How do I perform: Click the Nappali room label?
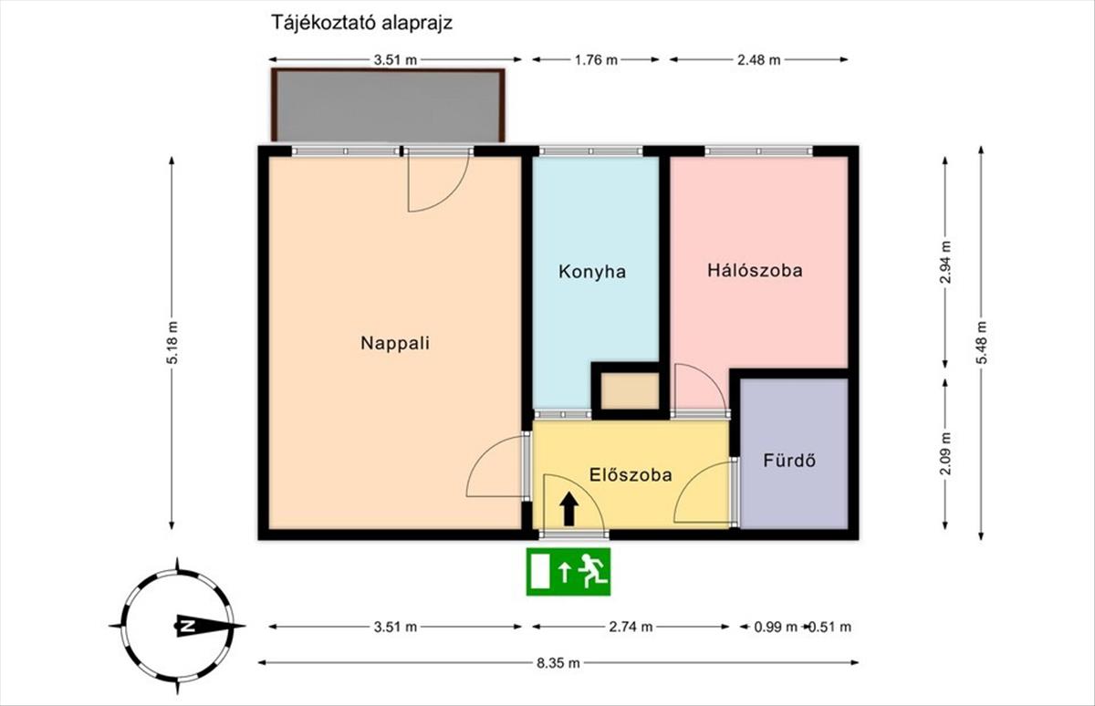(x=395, y=343)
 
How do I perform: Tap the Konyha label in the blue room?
(x=592, y=272)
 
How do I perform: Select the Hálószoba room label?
(x=755, y=270)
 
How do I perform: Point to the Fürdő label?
(x=789, y=461)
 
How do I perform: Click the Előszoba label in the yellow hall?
(x=631, y=475)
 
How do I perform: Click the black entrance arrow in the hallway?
(x=568, y=509)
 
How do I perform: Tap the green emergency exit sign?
(x=568, y=572)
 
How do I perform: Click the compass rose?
(x=177, y=626)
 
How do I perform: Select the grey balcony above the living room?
(x=388, y=106)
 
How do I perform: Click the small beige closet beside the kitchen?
(x=630, y=391)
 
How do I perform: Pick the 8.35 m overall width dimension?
(x=558, y=663)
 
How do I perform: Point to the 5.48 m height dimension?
(x=981, y=342)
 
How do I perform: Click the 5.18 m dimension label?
(x=172, y=342)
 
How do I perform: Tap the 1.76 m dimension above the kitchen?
(x=596, y=60)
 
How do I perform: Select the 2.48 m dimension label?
(x=758, y=60)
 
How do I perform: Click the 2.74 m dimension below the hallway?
(x=631, y=627)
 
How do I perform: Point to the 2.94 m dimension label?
(x=945, y=263)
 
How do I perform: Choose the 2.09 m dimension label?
(x=945, y=454)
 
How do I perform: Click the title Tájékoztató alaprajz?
(x=361, y=23)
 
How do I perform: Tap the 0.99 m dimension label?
(x=776, y=627)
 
